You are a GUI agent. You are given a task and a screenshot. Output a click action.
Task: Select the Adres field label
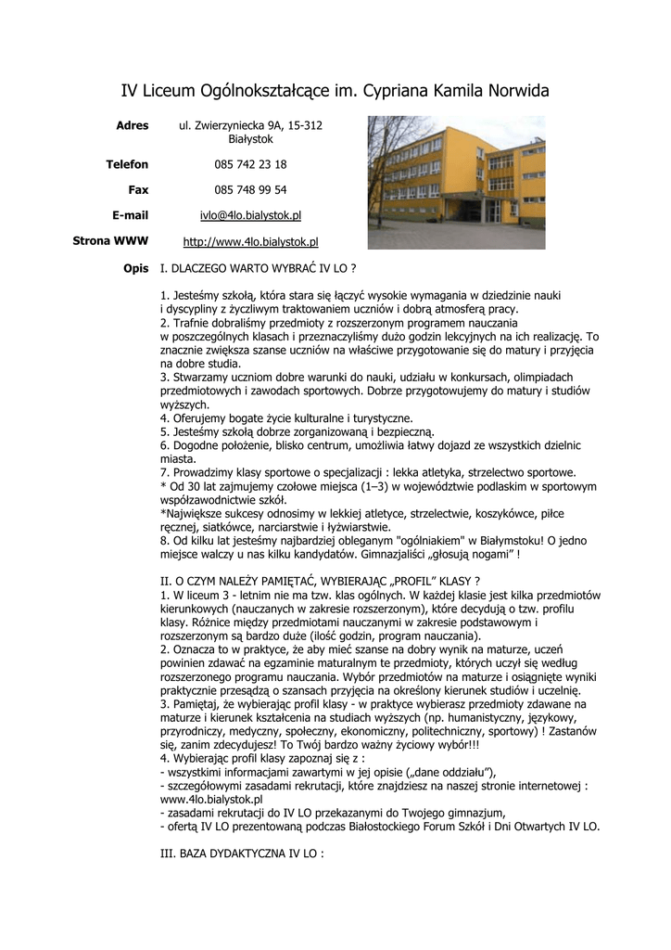click(132, 125)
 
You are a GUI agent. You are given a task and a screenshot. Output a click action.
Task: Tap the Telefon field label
click(127, 164)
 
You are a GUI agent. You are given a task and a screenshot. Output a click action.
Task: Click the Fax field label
click(138, 190)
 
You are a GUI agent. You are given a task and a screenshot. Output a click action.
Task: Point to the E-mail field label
click(130, 215)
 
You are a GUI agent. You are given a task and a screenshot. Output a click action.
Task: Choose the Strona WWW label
click(110, 241)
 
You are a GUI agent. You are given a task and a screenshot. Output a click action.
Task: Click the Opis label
click(135, 268)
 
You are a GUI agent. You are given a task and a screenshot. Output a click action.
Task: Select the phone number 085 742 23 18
click(250, 164)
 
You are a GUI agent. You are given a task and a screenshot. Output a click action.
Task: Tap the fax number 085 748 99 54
click(250, 190)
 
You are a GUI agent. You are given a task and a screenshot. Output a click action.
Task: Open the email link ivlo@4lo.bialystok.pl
click(250, 215)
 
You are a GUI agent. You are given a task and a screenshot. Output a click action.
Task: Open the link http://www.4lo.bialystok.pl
click(250, 241)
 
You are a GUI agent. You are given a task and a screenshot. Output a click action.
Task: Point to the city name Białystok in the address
click(250, 138)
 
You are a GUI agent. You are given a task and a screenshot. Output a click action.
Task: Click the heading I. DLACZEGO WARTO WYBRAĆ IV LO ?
click(259, 268)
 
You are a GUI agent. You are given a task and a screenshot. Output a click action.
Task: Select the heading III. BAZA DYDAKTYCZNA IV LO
click(243, 851)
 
